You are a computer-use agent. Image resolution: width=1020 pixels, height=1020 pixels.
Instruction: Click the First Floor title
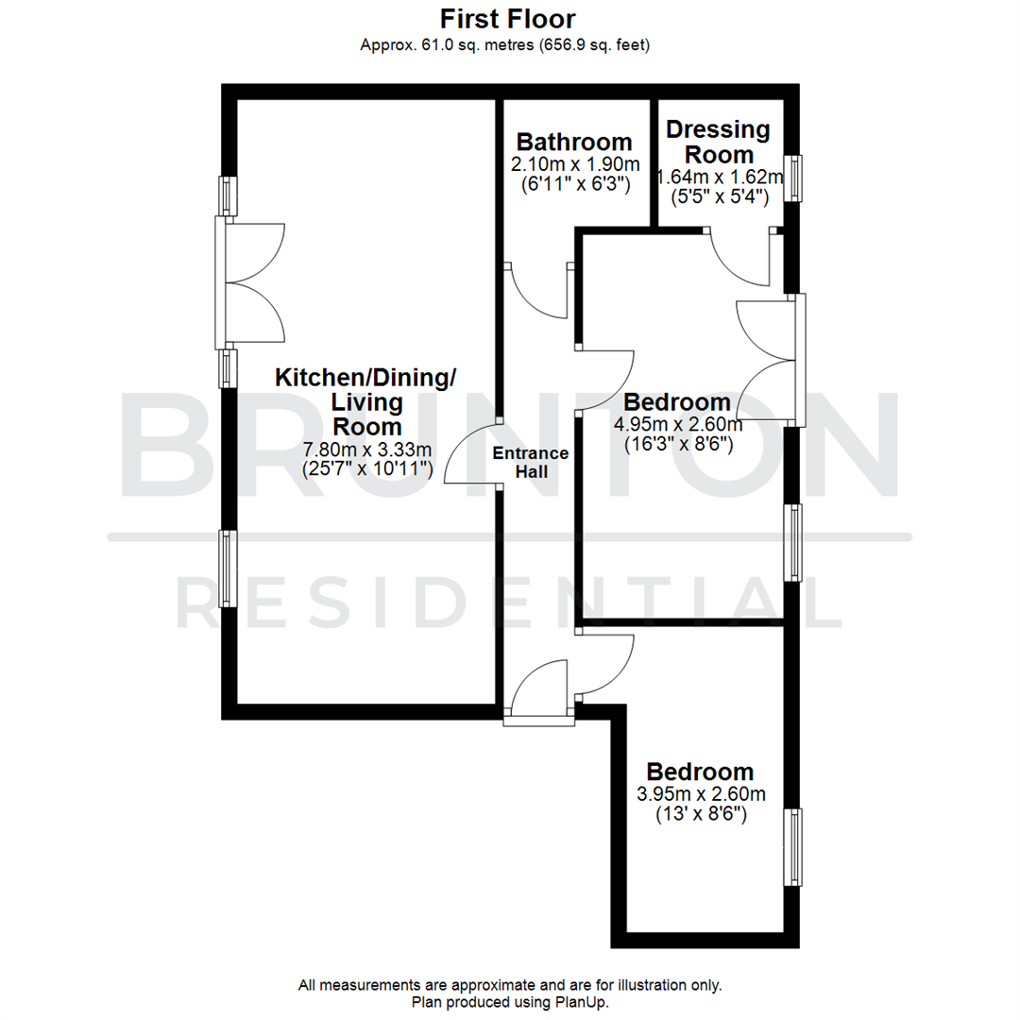tap(508, 18)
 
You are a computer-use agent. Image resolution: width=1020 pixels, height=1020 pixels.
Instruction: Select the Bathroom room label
tap(573, 143)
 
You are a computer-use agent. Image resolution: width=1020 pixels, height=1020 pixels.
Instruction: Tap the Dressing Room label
tap(719, 142)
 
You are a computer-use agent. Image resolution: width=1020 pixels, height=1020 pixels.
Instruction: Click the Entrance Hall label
tap(531, 462)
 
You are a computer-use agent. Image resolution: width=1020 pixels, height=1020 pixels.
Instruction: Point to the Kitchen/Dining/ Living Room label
tap(365, 401)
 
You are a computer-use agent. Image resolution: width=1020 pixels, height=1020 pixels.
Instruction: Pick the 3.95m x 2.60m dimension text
tap(701, 793)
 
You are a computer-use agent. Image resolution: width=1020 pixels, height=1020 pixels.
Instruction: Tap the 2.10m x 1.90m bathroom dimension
tap(573, 164)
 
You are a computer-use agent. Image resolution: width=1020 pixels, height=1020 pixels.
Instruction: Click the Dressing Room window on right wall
tap(796, 178)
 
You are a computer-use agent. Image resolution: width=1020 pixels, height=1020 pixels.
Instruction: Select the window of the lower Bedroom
tap(796, 847)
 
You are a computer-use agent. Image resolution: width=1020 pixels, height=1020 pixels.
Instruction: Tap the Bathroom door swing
tap(539, 290)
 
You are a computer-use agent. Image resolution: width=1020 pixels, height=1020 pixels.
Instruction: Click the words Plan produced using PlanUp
tap(510, 1002)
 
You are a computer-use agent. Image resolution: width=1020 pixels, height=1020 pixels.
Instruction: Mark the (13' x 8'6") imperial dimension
tap(701, 814)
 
